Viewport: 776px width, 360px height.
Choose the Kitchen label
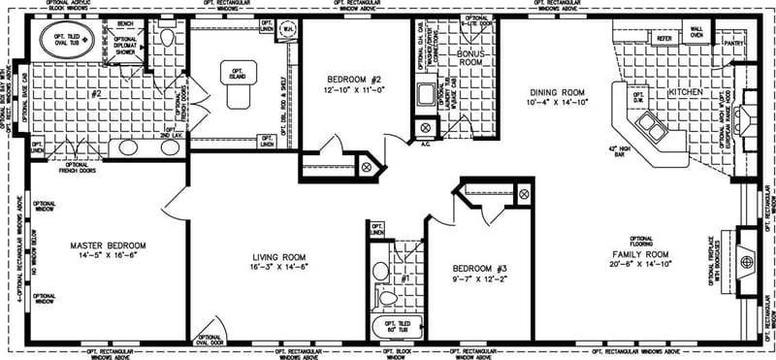[684, 92]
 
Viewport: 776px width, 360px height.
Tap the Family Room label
[639, 253]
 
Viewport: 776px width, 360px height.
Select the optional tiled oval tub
[61, 41]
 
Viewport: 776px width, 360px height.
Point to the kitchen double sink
[645, 127]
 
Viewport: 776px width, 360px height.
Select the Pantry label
[733, 43]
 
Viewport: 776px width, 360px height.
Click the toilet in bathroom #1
[387, 295]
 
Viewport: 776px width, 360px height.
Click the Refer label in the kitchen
[664, 38]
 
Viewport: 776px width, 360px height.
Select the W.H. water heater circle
[288, 29]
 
